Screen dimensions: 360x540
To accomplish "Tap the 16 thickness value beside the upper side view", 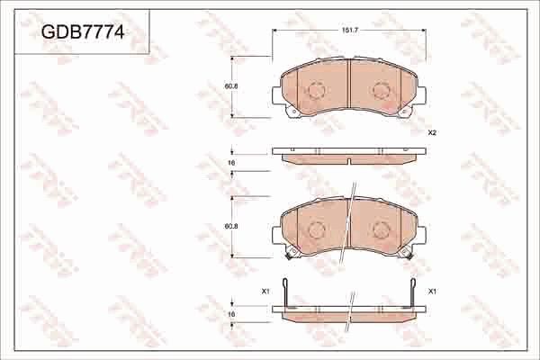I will pos(231,162).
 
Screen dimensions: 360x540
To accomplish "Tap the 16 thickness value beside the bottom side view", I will pos(231,315).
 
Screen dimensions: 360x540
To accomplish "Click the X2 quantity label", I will pos(432,132).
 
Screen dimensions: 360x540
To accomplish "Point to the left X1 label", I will pos(265,292).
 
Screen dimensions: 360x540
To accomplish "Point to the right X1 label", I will pos(432,292).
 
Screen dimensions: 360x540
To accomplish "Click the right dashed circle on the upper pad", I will pos(380,91).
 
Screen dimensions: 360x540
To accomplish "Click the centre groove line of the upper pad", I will pos(348,85).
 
